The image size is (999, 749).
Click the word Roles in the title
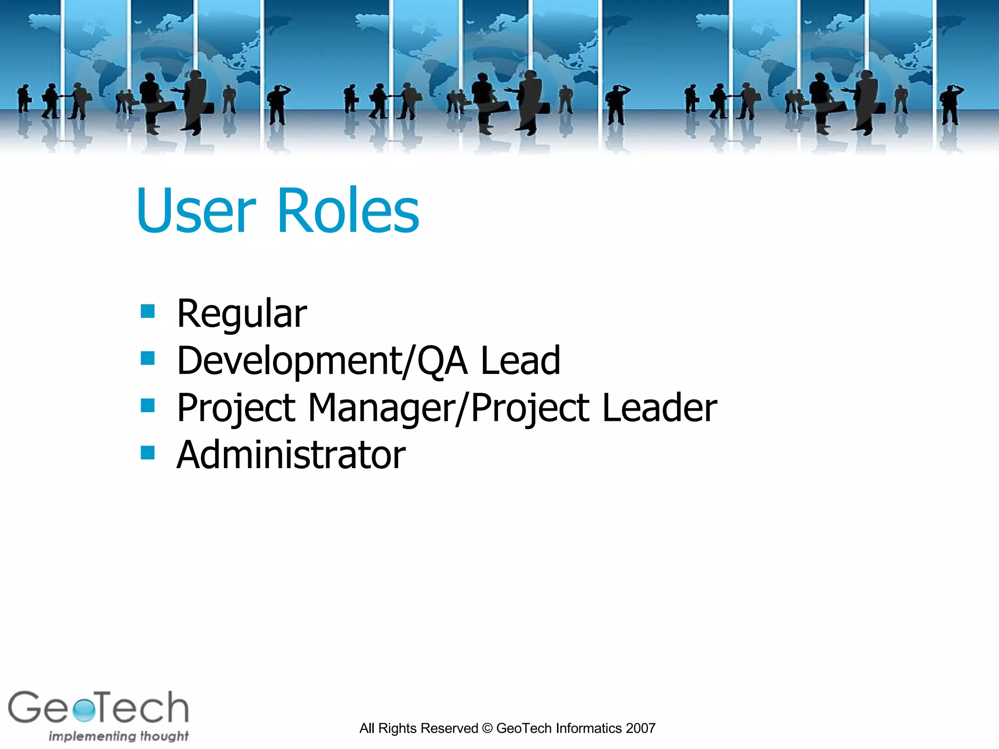348,211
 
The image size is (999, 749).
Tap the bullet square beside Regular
147,311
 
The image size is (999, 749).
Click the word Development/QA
322,361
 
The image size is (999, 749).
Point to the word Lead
520,360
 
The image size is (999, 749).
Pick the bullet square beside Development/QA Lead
147,358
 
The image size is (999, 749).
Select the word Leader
659,408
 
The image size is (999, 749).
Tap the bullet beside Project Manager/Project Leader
147,405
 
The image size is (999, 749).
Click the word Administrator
291,454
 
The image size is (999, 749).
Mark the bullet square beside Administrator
147,453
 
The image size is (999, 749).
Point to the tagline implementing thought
119,736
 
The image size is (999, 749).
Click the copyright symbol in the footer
487,729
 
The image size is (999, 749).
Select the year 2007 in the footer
640,729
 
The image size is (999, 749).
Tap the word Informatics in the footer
589,729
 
